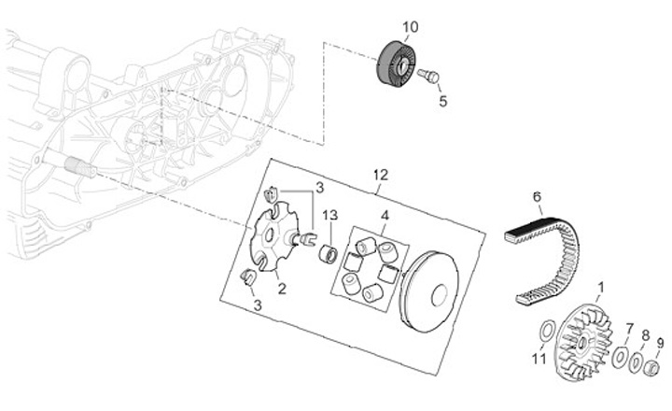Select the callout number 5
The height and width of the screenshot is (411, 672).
tap(442, 101)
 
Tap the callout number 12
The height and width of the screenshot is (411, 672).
tap(380, 175)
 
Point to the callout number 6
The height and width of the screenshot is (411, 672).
tap(537, 197)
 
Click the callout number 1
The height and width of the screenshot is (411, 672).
tap(600, 287)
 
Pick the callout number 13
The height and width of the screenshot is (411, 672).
tap(329, 216)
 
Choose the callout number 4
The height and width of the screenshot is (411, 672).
tap(384, 216)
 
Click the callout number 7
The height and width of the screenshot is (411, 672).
tap(629, 329)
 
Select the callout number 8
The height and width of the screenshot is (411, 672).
tap(645, 333)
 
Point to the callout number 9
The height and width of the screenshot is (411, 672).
tap(661, 343)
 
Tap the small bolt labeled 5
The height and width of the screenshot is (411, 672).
tap(430, 75)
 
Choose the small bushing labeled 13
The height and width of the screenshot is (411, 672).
tap(329, 253)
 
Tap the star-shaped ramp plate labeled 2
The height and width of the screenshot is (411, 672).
tap(270, 240)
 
